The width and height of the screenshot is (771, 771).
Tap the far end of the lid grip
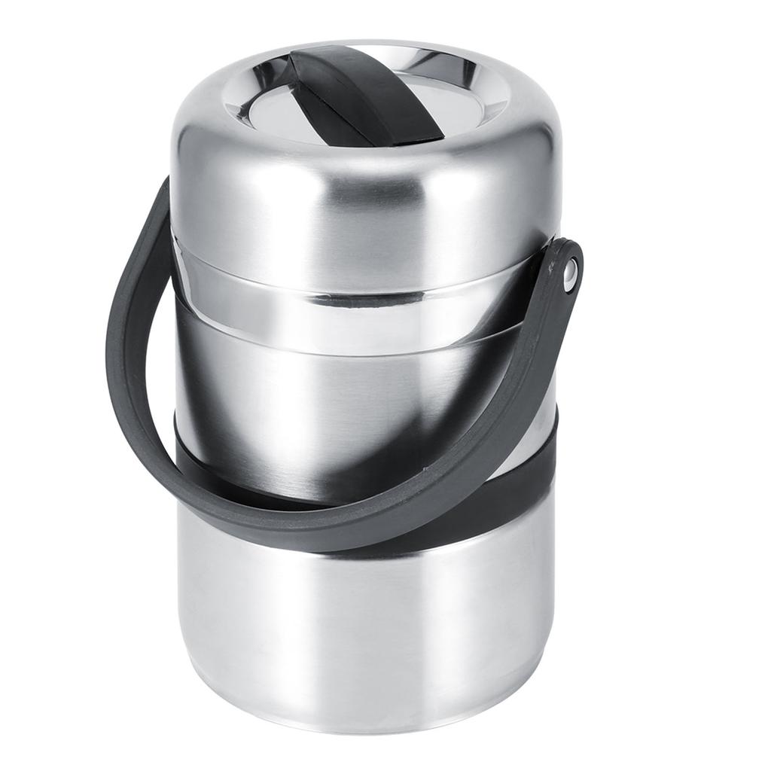click(316, 60)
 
